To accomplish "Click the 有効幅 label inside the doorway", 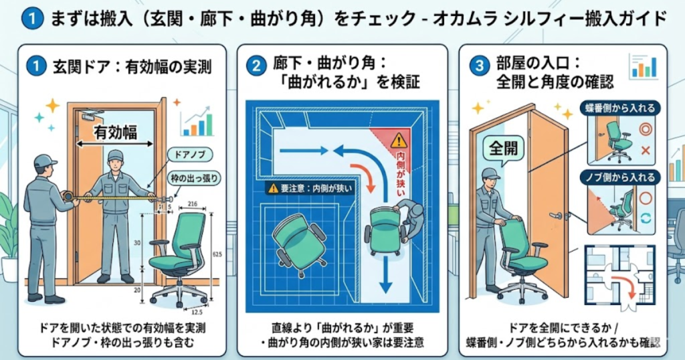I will pos(114,131).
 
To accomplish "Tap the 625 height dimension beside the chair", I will pos(218,255).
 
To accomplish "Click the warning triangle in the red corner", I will pos(399,141).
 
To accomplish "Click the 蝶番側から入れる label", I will pos(619,107).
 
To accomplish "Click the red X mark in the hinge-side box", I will pos(646,151).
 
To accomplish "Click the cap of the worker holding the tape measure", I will pos(44,161).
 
